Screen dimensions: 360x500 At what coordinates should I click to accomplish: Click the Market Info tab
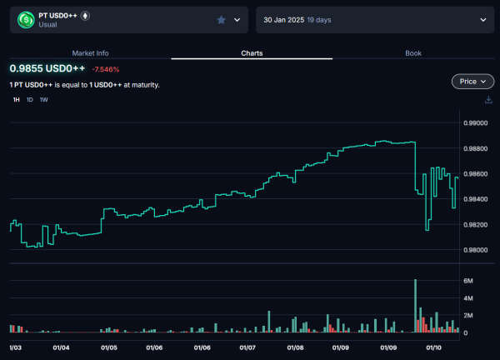coord(90,52)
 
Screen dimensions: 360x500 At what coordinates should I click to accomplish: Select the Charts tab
coord(252,52)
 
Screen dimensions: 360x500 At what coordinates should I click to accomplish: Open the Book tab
coord(413,52)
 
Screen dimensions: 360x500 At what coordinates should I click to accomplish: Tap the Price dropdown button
coord(472,82)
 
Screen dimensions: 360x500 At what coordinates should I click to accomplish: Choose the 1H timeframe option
coord(17,100)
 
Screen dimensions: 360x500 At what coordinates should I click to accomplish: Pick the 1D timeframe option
coord(30,100)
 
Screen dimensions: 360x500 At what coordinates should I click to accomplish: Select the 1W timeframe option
coord(44,100)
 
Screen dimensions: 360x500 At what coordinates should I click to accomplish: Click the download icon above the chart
coord(489,100)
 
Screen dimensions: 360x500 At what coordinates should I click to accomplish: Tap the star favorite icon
coord(221,20)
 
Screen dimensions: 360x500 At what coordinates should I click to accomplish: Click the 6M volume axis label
coord(469,281)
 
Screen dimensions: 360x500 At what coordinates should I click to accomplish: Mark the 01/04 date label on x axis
coord(61,347)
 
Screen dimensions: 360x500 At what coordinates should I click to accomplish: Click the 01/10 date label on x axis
coord(433,347)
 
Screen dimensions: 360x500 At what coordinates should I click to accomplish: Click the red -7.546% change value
coord(106,69)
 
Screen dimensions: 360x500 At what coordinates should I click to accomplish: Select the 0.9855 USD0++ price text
coord(48,69)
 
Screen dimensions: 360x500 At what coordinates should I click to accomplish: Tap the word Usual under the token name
coord(49,25)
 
